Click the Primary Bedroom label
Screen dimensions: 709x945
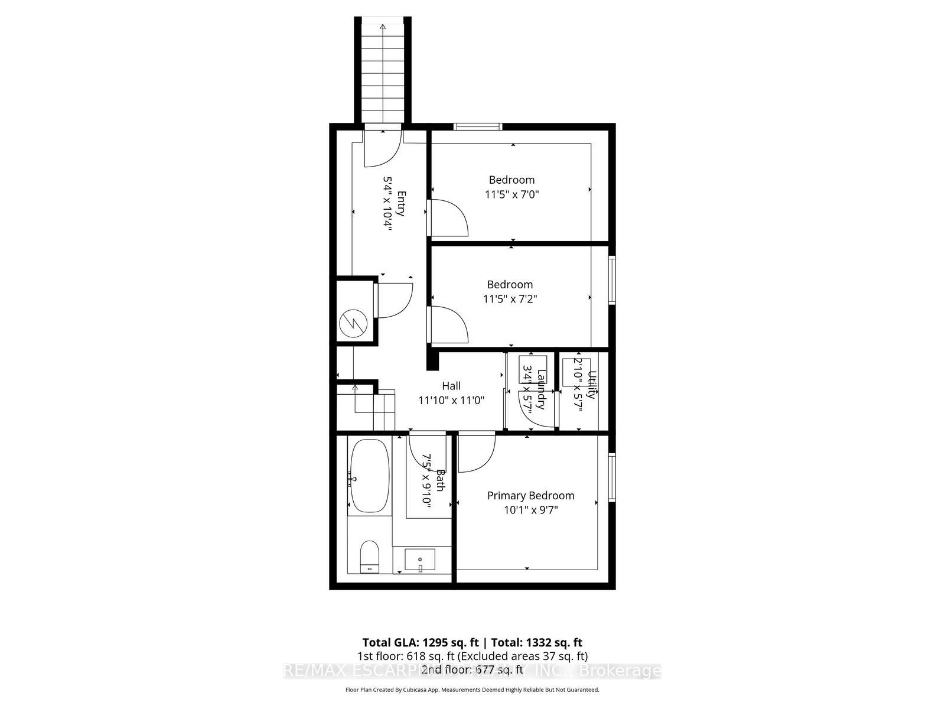530,496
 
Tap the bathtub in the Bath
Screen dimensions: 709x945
370,476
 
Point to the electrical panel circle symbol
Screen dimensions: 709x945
354,324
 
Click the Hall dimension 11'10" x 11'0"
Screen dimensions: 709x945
451,400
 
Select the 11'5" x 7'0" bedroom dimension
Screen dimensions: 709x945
511,194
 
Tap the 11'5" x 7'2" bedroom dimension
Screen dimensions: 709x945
510,299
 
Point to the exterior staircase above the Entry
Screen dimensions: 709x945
383,71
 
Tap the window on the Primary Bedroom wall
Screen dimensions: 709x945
612,477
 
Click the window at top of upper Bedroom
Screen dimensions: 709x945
478,126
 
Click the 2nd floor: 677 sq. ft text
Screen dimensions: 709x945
472,669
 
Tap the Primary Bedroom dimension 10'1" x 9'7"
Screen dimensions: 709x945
530,510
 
